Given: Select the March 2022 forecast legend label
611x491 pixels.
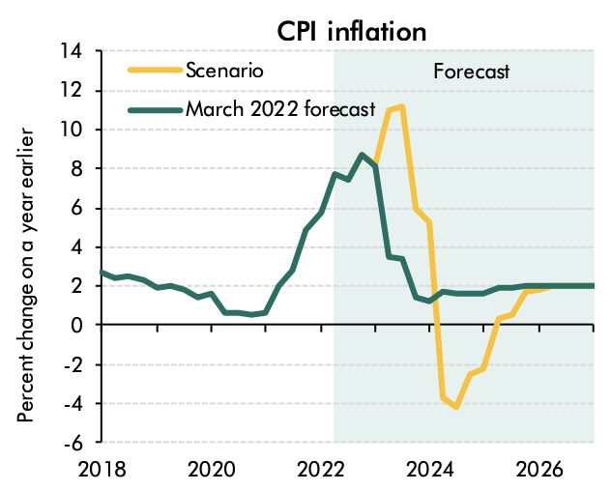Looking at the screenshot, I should (281, 108).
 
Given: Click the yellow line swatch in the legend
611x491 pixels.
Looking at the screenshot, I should (155, 70).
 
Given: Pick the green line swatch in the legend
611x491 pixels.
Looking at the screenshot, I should (155, 108).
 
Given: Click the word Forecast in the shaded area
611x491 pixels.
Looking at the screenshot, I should (471, 72).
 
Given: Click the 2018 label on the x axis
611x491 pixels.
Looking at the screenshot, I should (102, 470).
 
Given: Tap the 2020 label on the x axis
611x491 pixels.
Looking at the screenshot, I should (212, 470).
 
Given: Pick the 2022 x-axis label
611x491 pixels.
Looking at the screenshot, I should (321, 470).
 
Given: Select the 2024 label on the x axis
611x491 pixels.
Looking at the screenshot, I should (429, 470).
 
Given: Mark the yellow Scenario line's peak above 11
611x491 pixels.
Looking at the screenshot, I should (401, 106).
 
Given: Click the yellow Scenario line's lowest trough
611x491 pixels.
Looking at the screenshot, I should (455, 407).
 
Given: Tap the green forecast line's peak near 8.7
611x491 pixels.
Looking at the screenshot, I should (362, 155).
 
